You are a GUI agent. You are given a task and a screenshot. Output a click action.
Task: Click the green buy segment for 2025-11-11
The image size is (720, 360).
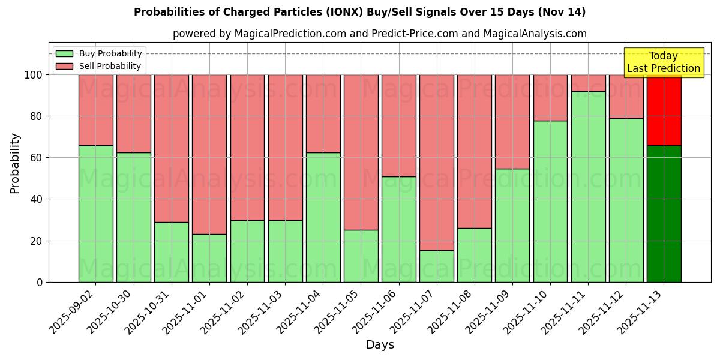click(588, 187)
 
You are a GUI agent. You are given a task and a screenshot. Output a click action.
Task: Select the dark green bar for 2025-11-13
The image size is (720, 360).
click(664, 214)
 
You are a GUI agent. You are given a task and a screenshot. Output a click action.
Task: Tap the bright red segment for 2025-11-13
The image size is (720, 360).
click(664, 110)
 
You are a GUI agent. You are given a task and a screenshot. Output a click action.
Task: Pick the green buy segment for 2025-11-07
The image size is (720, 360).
click(436, 266)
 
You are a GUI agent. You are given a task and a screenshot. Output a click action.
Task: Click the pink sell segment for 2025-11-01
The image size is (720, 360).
click(209, 154)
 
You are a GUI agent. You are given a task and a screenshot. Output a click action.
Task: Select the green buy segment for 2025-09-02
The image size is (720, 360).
click(95, 214)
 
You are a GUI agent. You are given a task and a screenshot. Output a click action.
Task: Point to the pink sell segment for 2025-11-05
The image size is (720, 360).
click(361, 152)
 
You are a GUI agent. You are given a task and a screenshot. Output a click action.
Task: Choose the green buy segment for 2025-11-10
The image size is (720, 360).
click(550, 202)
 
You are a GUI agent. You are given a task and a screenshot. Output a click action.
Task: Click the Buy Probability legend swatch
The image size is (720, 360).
click(64, 53)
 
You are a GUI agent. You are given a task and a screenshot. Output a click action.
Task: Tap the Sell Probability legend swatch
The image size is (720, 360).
click(64, 66)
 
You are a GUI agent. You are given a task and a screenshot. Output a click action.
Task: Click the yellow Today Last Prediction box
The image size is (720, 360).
click(663, 62)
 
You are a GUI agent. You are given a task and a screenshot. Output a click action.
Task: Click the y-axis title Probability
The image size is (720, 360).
click(15, 163)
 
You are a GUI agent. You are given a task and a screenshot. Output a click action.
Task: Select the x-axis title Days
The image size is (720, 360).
click(380, 345)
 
